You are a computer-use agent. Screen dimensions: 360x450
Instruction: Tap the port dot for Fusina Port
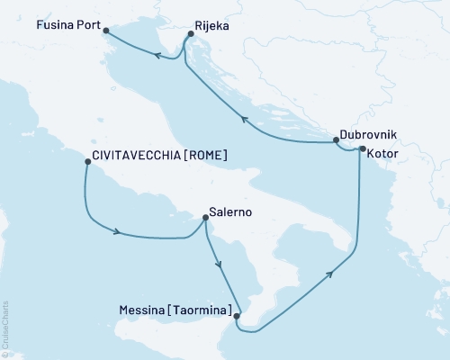[x=107, y=31]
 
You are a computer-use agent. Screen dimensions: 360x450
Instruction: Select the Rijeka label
[x=212, y=27]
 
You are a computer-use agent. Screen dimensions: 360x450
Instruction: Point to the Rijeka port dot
[x=190, y=34]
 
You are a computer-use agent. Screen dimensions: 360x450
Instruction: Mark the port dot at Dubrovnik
[x=336, y=140]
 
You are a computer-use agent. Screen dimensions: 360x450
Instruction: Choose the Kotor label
[x=383, y=154]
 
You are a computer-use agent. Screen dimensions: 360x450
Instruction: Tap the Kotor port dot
[x=362, y=149]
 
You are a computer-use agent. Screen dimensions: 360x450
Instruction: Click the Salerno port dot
[x=204, y=216]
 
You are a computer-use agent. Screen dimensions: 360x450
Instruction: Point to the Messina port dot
[x=236, y=316]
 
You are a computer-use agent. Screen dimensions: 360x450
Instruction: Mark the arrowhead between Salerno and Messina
[x=218, y=264]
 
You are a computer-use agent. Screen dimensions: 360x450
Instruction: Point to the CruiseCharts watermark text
[x=5, y=329]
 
